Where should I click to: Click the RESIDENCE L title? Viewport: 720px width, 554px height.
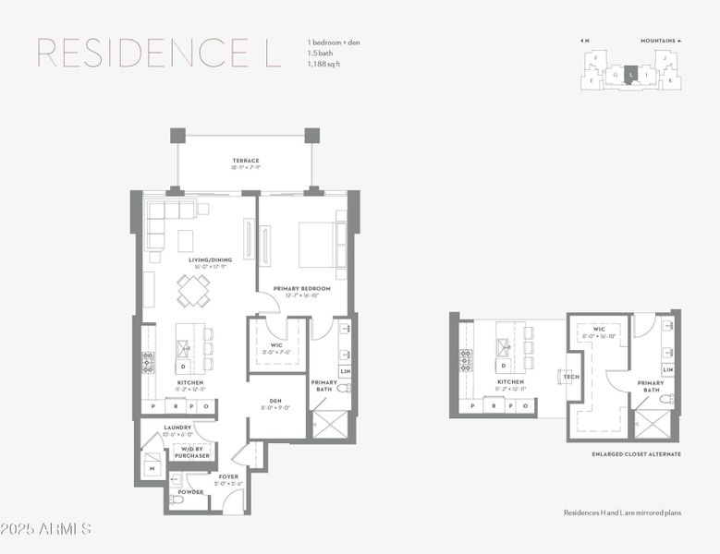[x=158, y=54]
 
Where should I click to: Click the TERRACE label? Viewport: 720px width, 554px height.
[x=246, y=161]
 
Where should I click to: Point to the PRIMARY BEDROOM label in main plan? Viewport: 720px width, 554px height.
[x=301, y=288]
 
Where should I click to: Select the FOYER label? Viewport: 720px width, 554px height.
[x=227, y=476]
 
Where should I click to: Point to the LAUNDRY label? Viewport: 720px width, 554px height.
[x=177, y=428]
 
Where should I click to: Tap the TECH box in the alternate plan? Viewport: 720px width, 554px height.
[x=570, y=377]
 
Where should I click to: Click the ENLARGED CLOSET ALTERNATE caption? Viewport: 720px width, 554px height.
[x=636, y=454]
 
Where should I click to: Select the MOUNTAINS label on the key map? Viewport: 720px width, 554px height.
[x=660, y=41]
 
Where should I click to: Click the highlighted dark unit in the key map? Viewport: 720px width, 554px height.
[x=630, y=75]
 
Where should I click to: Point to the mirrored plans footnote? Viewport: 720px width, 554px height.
[x=622, y=512]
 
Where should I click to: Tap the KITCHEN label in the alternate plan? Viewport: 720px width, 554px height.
[x=509, y=381]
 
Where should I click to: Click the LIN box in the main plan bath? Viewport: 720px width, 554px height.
[x=345, y=371]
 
